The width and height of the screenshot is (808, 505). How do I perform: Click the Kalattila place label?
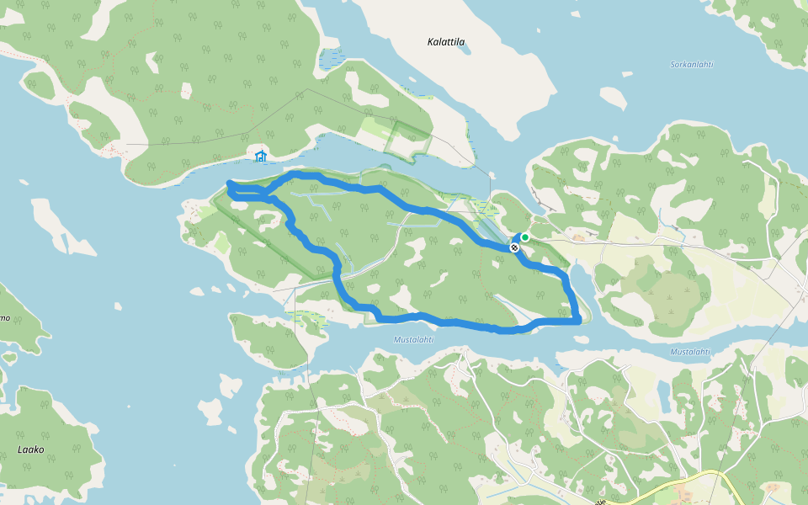[x=446, y=41]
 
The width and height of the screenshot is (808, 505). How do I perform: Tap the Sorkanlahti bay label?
[x=691, y=64]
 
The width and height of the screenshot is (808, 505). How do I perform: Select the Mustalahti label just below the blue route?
[x=413, y=340]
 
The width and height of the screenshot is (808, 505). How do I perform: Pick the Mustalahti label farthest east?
[x=690, y=352]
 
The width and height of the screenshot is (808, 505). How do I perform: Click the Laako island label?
[x=30, y=449]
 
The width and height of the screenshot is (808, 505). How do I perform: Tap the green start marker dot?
[x=525, y=237]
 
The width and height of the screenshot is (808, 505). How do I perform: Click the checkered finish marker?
[x=514, y=247]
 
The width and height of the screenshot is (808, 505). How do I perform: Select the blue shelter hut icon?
[x=261, y=156]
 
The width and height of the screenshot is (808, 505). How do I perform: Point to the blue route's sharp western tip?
[x=229, y=184]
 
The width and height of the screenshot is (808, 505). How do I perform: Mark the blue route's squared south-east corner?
[x=578, y=320]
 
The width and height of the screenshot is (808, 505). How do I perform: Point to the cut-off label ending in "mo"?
[x=4, y=318]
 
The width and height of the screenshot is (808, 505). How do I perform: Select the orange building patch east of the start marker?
[x=578, y=238]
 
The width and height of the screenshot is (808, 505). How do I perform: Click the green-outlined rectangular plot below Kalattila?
[x=407, y=139]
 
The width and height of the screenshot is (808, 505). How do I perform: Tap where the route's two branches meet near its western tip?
[x=268, y=196]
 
